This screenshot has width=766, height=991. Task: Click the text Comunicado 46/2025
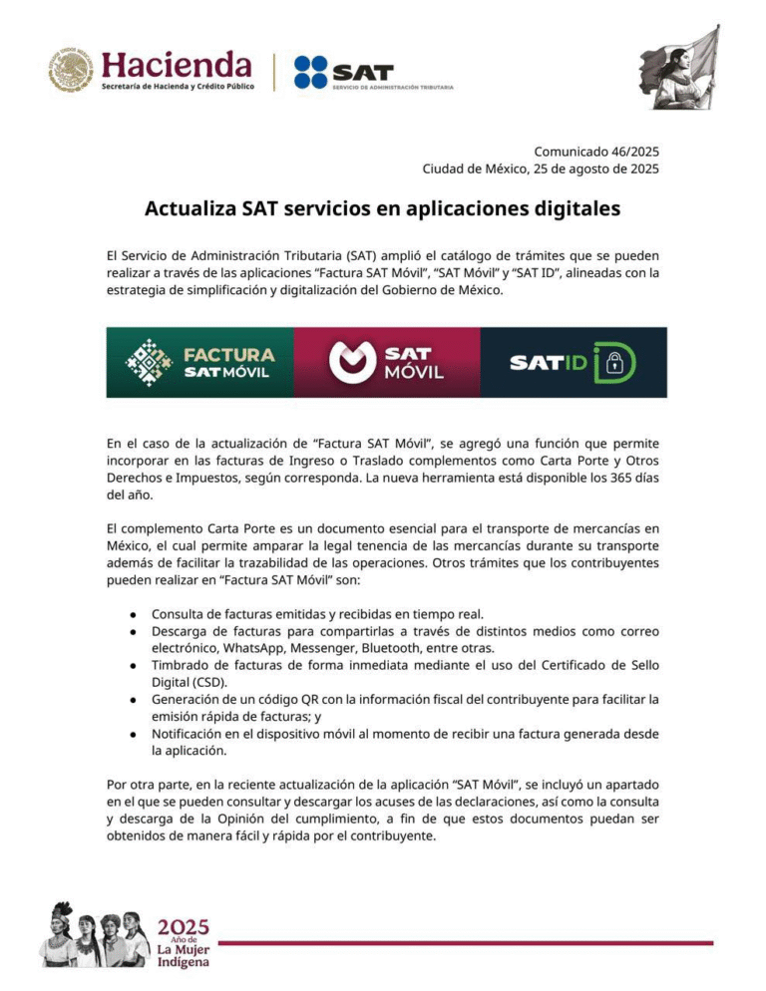(x=596, y=152)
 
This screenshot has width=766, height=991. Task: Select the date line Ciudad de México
(x=541, y=169)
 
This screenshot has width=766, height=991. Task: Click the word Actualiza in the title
(x=190, y=209)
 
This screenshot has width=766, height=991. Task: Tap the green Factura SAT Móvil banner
(x=199, y=363)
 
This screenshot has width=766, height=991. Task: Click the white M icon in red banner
(x=351, y=363)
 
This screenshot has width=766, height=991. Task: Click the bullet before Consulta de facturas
(x=132, y=614)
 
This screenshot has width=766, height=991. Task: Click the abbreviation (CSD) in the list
(x=213, y=683)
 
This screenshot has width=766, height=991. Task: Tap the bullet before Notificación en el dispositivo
(x=132, y=734)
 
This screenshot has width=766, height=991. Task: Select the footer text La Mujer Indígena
(x=184, y=955)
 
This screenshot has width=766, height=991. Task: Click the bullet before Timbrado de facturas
(x=132, y=664)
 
